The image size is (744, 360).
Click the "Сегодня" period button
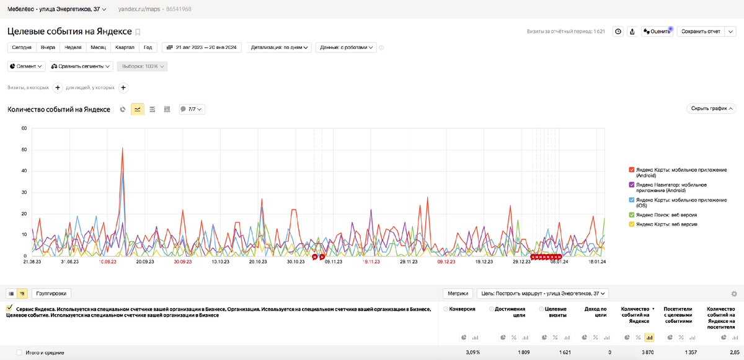point(22,47)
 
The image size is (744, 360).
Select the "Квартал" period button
point(124,47)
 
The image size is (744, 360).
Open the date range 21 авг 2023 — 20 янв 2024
point(202,47)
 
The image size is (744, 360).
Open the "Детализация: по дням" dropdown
point(280,47)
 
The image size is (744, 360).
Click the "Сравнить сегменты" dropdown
point(81,66)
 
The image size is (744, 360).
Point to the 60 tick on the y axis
point(24,128)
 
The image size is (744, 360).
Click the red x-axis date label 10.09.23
point(107,262)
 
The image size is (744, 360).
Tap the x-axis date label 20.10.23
point(258,262)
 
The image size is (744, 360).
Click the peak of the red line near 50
point(123,148)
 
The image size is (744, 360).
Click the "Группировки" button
point(51,293)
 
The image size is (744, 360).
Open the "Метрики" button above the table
point(458,293)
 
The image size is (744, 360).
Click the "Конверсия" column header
point(462,309)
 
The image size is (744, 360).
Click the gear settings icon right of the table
point(734,294)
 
